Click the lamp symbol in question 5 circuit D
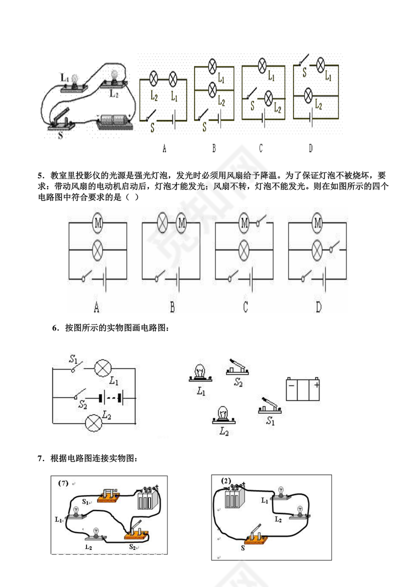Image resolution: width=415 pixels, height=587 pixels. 317,248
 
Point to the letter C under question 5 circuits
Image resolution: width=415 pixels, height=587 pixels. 245,307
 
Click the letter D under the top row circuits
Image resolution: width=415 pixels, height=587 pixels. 310,148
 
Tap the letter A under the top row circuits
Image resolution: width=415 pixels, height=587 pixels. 164,148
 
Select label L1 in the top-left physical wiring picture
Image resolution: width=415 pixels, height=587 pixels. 65,77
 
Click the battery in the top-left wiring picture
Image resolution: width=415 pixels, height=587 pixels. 115,121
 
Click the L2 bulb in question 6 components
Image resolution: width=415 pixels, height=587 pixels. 223,414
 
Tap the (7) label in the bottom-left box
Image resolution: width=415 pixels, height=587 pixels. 63,483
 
